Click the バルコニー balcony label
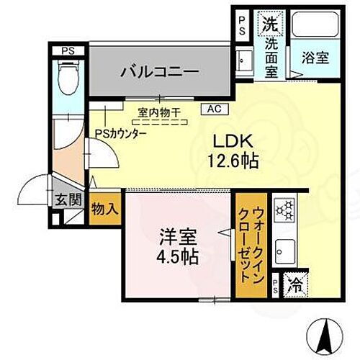coord(160,71)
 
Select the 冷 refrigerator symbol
coord(296,285)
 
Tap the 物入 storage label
coord(105,209)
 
